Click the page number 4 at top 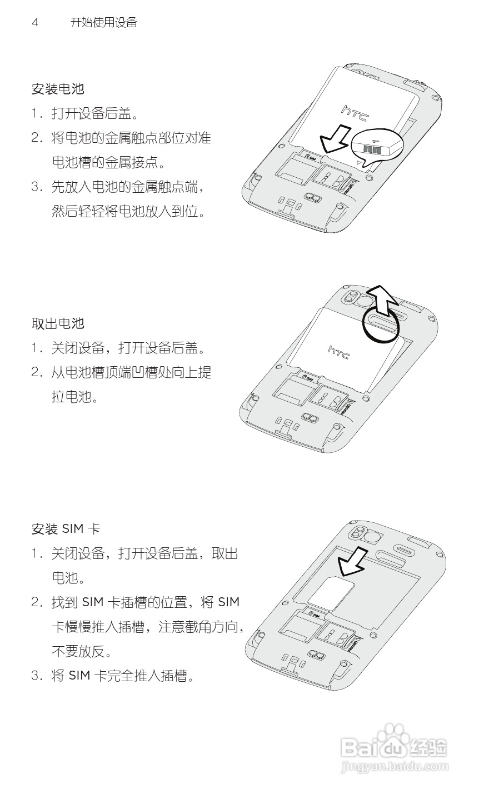point(35,23)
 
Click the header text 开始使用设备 point(104,23)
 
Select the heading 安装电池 point(58,89)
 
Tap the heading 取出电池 point(58,323)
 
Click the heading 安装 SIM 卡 point(66,529)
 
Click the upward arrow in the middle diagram point(382,301)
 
